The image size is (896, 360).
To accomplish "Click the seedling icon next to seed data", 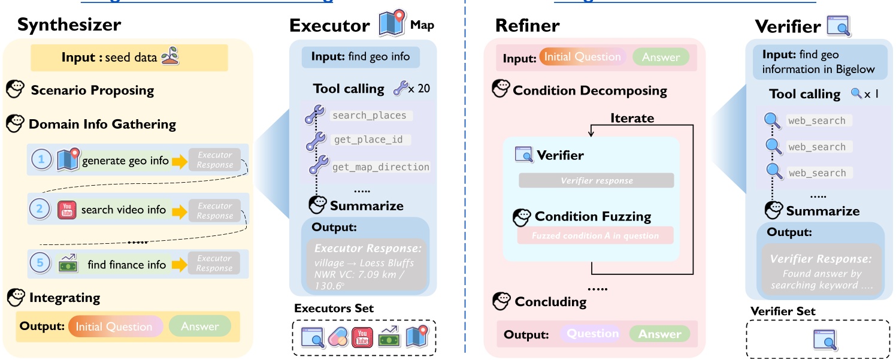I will point(171,58).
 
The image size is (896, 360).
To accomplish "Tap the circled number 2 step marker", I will point(39,210).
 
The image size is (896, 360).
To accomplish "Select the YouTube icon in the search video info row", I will point(66,210).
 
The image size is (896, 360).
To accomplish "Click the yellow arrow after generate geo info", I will point(179,161).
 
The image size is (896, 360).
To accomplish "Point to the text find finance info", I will point(126,264).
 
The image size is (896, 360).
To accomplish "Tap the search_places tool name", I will point(369,116).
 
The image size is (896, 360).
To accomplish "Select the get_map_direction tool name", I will point(380,167).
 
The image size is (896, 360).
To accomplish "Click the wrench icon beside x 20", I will point(399,89).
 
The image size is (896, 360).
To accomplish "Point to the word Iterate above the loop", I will point(632,118).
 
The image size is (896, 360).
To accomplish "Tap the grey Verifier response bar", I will point(596,180).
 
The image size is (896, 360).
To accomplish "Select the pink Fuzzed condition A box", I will point(595,235).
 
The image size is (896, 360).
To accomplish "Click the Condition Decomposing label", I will point(589,90).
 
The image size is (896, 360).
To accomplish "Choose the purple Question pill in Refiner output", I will point(592,334).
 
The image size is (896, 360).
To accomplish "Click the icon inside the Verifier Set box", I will point(824,338).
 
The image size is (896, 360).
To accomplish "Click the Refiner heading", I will point(527,26).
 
